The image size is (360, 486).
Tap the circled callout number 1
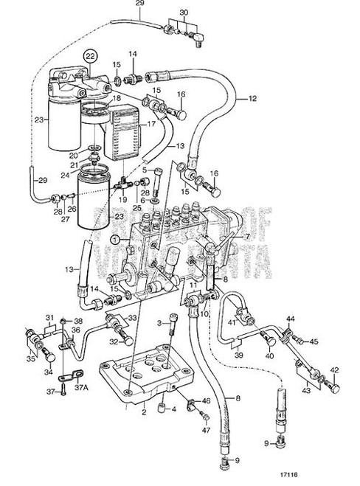tap(115, 239)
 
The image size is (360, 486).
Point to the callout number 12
tap(252, 98)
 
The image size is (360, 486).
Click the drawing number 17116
tap(330, 476)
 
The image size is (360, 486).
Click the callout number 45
tap(313, 341)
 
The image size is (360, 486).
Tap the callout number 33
tap(134, 319)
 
